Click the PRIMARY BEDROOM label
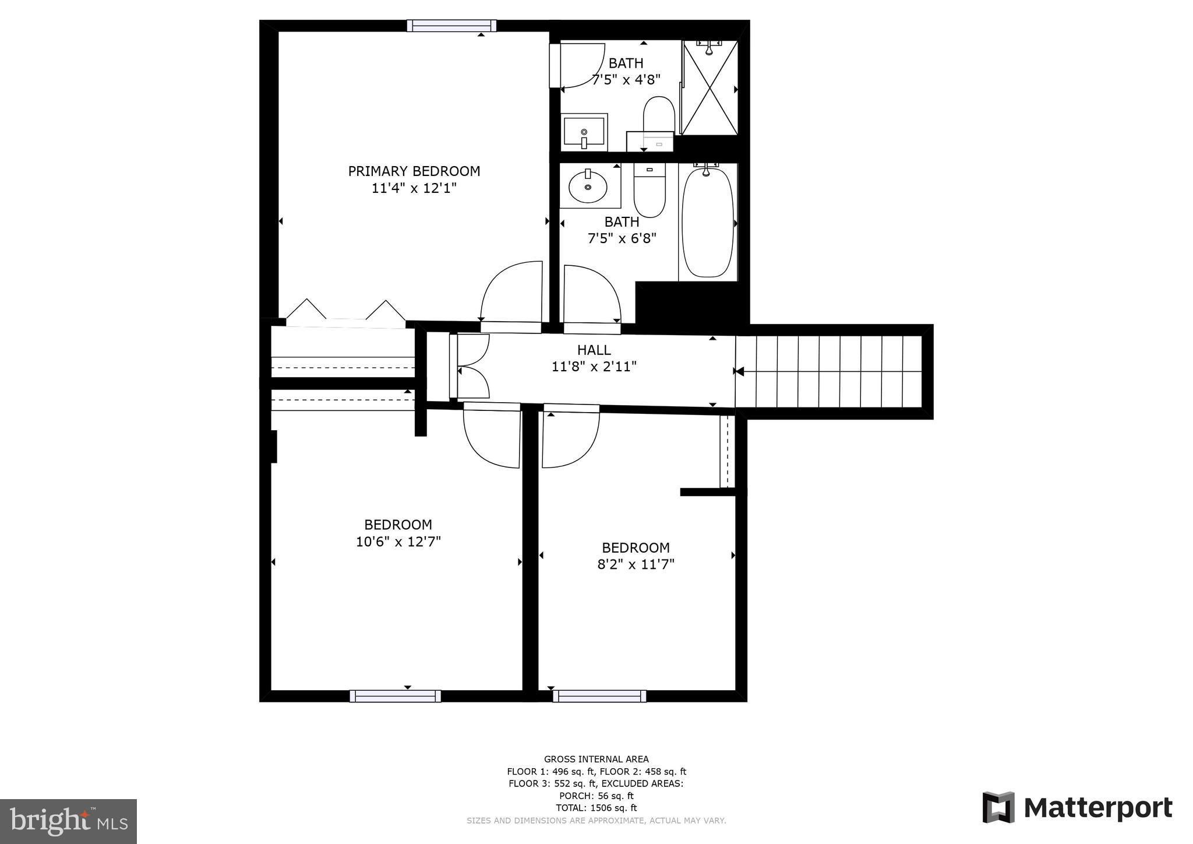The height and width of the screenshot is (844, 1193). click(414, 171)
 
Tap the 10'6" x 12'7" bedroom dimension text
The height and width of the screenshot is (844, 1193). click(398, 541)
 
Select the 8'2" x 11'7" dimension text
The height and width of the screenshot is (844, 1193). click(636, 564)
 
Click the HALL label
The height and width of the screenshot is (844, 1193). click(594, 350)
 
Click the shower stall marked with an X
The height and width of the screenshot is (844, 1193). click(710, 88)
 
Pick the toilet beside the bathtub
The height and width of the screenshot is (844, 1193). click(650, 191)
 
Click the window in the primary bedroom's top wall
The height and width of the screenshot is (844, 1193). click(451, 26)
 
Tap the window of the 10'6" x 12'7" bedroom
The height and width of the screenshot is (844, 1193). click(395, 696)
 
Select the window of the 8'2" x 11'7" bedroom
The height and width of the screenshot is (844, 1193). click(599, 696)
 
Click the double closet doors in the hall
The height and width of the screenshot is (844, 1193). click(472, 367)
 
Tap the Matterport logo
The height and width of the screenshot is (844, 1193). click(1077, 808)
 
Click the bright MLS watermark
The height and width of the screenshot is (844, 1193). click(68, 821)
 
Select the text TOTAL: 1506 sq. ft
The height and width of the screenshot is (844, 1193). click(596, 808)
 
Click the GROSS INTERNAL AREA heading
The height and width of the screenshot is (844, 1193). click(596, 759)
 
